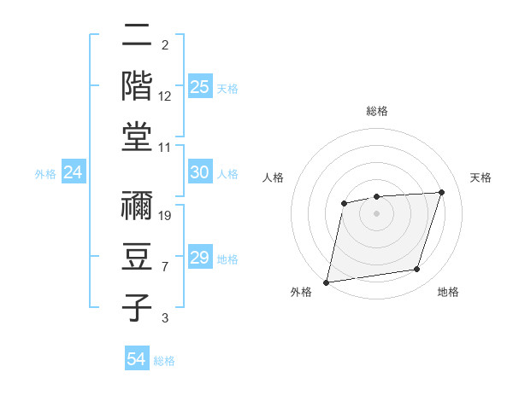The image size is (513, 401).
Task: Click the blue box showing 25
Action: (199, 86)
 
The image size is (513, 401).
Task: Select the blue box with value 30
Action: (199, 172)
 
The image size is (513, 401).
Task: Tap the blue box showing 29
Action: (199, 258)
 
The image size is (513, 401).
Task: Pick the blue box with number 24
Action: (73, 173)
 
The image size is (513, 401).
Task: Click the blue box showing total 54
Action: (136, 360)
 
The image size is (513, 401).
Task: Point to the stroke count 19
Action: (166, 215)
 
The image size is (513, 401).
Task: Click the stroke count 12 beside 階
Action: (166, 96)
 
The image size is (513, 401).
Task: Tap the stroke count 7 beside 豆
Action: (165, 267)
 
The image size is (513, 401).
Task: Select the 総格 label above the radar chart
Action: (377, 111)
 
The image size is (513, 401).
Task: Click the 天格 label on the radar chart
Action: (481, 177)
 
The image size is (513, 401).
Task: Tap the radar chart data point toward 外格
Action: (326, 282)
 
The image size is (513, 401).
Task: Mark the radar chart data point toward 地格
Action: (417, 270)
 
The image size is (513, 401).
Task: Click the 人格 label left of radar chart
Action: (274, 177)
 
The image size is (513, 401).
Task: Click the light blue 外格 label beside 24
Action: (45, 174)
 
